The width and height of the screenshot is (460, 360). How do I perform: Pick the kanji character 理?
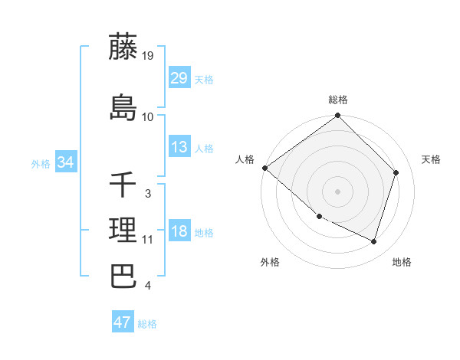[123, 230]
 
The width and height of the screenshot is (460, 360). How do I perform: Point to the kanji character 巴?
[123, 276]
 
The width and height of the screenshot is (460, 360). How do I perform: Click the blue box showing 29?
[179, 78]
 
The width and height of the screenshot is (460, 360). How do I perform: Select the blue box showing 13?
[179, 147]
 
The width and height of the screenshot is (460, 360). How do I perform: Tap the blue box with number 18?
[179, 232]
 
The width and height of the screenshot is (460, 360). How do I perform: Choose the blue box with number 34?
[65, 162]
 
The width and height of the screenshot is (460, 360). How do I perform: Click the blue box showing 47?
[123, 322]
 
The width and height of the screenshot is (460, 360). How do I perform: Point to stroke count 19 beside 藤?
[149, 55]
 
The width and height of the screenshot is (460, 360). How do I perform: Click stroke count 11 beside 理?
[148, 239]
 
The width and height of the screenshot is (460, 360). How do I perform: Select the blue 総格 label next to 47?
[147, 324]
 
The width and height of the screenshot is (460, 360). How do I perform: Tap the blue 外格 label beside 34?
[40, 163]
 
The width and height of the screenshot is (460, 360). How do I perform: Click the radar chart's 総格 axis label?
[338, 100]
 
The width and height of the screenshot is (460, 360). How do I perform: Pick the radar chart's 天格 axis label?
[431, 159]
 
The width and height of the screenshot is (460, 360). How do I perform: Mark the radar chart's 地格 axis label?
[402, 262]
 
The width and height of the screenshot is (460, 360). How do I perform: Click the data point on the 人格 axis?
[264, 168]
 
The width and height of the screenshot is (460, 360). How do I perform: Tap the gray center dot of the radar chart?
[338, 191]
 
